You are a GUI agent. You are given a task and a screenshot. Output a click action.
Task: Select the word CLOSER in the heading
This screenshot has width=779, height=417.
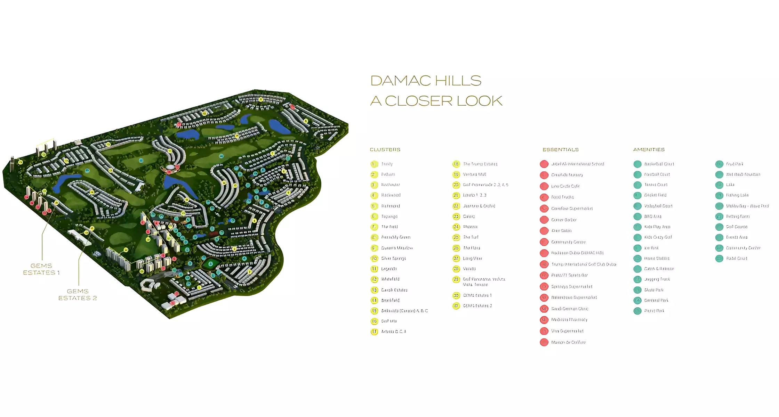pyautogui.click(x=419, y=101)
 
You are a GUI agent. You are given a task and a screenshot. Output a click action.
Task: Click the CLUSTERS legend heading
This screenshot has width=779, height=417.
pyautogui.click(x=385, y=150)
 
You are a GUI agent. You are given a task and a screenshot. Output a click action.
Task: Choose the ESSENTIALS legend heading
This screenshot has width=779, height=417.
pyautogui.click(x=561, y=150)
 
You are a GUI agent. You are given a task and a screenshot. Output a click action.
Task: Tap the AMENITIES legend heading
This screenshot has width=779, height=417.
pyautogui.click(x=649, y=150)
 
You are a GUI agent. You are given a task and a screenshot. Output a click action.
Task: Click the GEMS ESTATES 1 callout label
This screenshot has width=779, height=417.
pyautogui.click(x=41, y=269)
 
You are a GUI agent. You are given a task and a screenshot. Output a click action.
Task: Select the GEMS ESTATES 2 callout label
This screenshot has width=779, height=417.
pyautogui.click(x=78, y=295)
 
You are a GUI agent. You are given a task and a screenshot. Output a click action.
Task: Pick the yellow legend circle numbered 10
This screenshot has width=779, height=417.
pyautogui.click(x=374, y=259)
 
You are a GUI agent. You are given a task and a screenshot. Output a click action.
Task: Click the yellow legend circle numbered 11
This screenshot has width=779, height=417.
pyautogui.click(x=374, y=269)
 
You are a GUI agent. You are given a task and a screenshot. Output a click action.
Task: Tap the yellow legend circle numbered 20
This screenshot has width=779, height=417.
pyautogui.click(x=456, y=185)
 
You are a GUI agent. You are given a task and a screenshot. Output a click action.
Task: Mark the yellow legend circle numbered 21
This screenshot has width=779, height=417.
pyautogui.click(x=456, y=196)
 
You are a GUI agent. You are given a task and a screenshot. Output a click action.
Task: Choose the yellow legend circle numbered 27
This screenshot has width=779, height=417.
pyautogui.click(x=456, y=259)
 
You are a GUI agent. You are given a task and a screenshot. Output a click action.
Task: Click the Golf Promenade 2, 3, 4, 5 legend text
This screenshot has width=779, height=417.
pyautogui.click(x=485, y=185)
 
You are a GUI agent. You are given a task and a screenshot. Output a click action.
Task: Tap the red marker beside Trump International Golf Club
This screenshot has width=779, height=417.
pyautogui.click(x=544, y=264)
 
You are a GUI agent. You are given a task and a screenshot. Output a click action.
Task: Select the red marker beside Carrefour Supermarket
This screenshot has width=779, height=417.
pyautogui.click(x=544, y=208)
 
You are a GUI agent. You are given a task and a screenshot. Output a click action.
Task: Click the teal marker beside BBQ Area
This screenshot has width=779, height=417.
pyautogui.click(x=637, y=216)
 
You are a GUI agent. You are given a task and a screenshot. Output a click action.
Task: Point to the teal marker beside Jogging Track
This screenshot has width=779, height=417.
pyautogui.click(x=637, y=279)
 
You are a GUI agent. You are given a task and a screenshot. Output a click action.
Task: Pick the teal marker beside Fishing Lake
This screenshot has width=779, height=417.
pyautogui.click(x=719, y=196)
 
